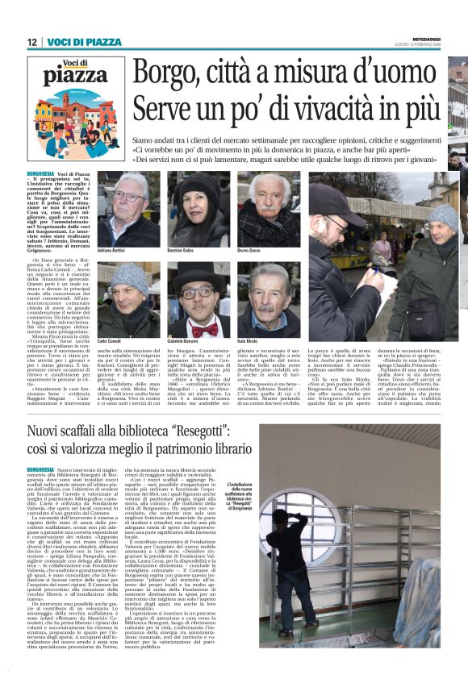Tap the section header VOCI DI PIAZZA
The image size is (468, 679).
click(x=85, y=41)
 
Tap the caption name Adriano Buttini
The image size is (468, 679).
click(x=111, y=252)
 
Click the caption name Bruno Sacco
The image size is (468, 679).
click(x=252, y=252)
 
